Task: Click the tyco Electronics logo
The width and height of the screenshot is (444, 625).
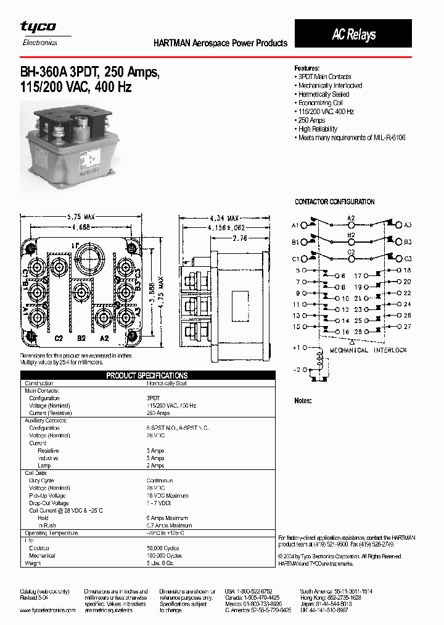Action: [x=39, y=33]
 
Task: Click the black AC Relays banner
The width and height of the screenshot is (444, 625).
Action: [x=353, y=34]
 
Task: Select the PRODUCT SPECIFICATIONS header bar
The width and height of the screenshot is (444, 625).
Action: [x=147, y=375]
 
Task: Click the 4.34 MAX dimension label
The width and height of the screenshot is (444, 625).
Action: [x=224, y=218]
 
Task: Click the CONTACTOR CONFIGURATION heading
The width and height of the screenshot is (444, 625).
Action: [x=334, y=202]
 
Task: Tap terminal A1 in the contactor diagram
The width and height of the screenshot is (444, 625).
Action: [x=295, y=225]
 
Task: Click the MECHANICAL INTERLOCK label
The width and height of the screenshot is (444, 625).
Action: [x=368, y=350]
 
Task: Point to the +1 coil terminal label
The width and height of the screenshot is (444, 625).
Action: [x=296, y=348]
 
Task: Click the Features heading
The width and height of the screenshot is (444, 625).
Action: [x=306, y=68]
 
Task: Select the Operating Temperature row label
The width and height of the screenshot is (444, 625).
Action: [x=51, y=532]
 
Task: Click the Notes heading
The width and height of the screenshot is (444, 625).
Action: [x=303, y=401]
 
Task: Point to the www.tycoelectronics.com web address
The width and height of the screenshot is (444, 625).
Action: [x=47, y=610]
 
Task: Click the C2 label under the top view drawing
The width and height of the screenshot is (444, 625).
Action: [x=59, y=338]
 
